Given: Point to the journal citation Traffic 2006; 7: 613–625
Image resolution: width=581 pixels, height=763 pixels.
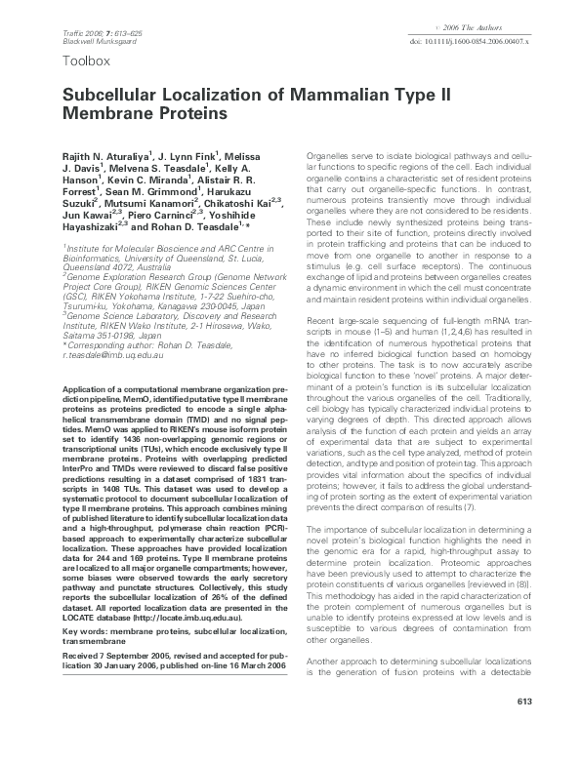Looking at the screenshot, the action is coord(89,34).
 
